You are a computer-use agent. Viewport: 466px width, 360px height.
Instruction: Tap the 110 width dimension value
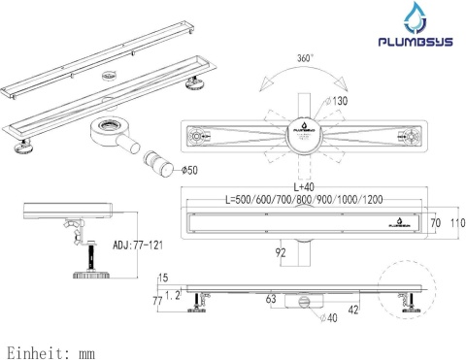click(x=455, y=223)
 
